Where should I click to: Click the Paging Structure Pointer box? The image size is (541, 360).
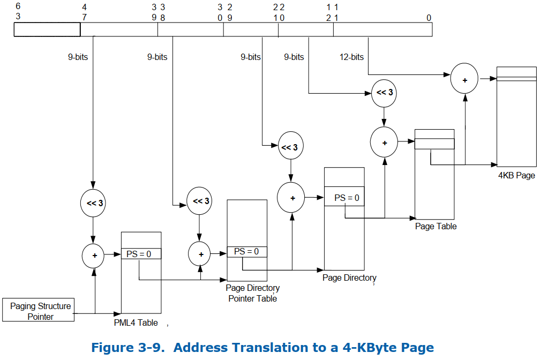tap(41, 311)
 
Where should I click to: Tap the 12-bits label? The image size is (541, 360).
tap(351, 57)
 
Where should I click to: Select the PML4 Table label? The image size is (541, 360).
tap(136, 322)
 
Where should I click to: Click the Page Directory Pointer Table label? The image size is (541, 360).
tap(252, 293)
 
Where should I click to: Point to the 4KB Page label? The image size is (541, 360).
tap(516, 175)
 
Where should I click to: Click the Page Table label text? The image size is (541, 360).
tap(435, 226)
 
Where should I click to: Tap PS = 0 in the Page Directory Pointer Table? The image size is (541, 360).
tap(246, 251)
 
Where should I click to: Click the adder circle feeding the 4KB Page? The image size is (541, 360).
tap(465, 79)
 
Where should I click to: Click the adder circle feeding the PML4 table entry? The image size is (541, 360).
tap(95, 256)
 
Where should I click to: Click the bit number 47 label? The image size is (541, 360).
tap(84, 12)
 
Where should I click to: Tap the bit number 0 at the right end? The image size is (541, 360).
tap(429, 18)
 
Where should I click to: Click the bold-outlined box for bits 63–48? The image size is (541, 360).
tap(47, 29)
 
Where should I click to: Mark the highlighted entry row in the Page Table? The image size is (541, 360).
tap(434, 144)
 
